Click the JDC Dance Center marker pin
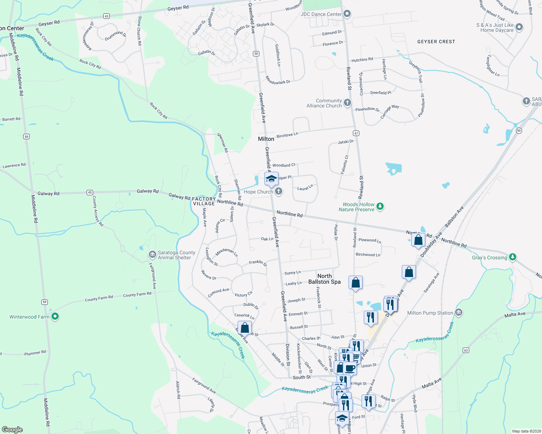tap(347, 14)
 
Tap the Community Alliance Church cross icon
tap(347, 103)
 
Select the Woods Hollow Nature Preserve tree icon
tap(380, 207)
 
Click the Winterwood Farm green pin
tap(55, 317)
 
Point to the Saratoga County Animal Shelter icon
tap(152, 255)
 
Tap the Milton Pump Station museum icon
tap(459, 312)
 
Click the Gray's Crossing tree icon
tap(512, 257)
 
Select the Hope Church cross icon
tap(278, 191)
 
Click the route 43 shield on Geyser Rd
tap(106, 16)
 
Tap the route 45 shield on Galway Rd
tap(90, 192)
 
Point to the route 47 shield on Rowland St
tap(356, 133)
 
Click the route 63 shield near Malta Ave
tap(466, 350)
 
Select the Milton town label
tap(266, 139)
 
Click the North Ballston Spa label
tap(324, 279)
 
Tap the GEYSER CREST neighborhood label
tap(436, 42)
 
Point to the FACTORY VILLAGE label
tap(204, 201)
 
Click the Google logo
tap(12, 430)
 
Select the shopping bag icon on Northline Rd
tap(418, 240)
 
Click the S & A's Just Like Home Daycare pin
tap(519, 27)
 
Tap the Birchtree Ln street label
tap(287, 135)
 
